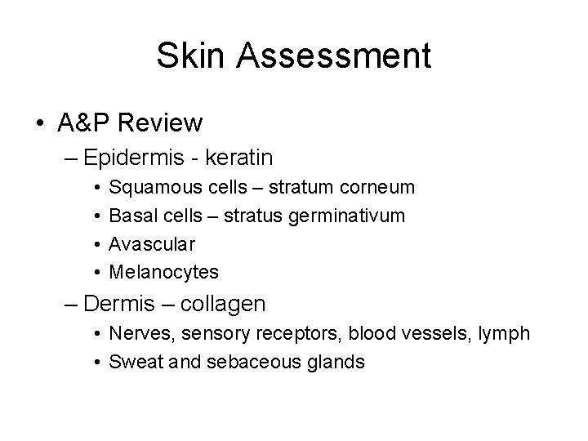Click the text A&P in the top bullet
tap(85, 123)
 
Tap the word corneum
tap(381, 188)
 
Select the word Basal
tap(130, 216)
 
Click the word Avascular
tap(152, 243)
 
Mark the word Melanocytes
tap(163, 271)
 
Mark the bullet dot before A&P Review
tap(40, 124)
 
